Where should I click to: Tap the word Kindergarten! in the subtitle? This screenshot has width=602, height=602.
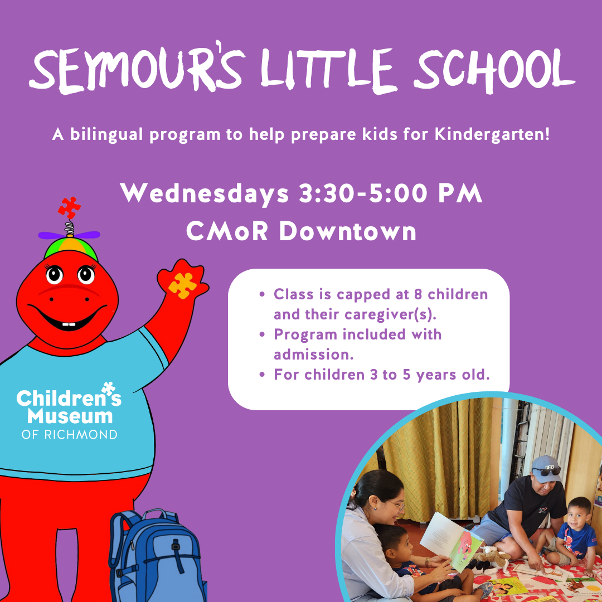tap(492, 135)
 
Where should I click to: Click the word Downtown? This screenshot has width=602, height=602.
tap(348, 231)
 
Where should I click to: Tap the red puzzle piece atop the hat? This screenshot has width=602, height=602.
tap(69, 208)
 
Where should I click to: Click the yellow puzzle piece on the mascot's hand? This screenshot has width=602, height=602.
tap(182, 285)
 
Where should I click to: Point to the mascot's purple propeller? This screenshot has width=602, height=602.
tap(69, 235)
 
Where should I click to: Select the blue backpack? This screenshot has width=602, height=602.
tap(157, 555)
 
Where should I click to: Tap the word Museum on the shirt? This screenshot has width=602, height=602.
tap(70, 416)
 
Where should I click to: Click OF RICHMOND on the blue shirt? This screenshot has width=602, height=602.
tap(70, 435)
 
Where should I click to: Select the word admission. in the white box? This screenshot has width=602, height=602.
tap(313, 355)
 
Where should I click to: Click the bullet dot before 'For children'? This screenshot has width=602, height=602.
tap(262, 375)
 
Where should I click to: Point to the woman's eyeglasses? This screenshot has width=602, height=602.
tap(397, 504)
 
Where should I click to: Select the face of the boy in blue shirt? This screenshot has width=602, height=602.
tap(579, 514)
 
